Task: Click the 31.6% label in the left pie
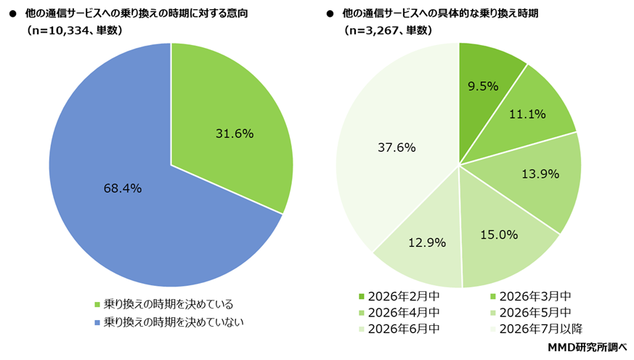pyautogui.click(x=234, y=133)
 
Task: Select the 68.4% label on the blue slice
pyautogui.click(x=123, y=189)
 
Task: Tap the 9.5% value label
pyautogui.click(x=482, y=86)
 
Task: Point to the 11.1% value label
pyautogui.click(x=527, y=114)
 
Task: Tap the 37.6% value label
pyautogui.click(x=397, y=147)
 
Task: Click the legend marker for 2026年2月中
pyautogui.click(x=362, y=296)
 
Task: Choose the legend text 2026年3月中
pyautogui.click(x=531, y=296)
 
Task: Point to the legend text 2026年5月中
pyautogui.click(x=531, y=312)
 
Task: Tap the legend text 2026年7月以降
pyautogui.click(x=536, y=328)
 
